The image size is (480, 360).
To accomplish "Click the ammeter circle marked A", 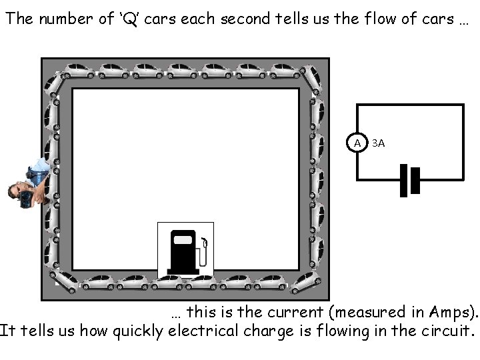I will pyautogui.click(x=357, y=143).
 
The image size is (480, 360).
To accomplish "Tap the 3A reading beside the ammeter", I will pyautogui.click(x=378, y=143).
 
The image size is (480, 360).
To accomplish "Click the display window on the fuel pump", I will pyautogui.click(x=183, y=239).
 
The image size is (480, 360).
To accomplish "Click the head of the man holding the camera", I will pyautogui.click(x=15, y=192).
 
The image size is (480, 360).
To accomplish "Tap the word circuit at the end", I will pyautogui.click(x=446, y=331).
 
